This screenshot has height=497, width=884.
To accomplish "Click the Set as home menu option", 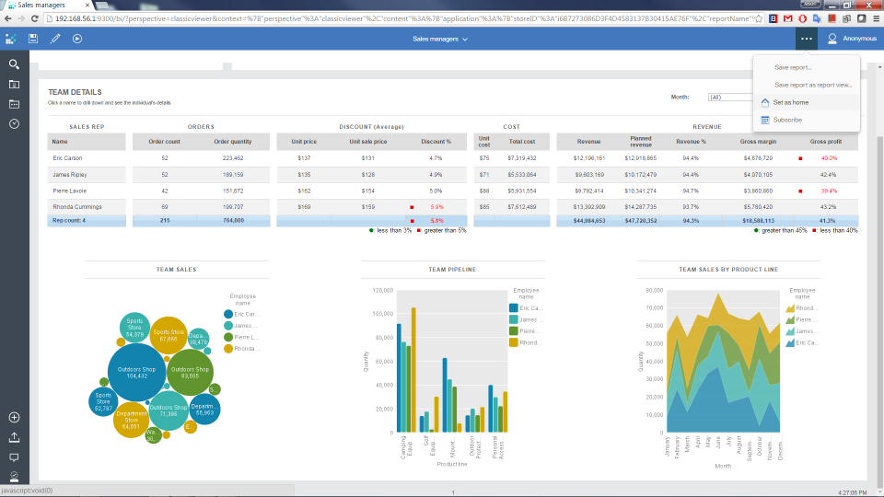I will pos(790,102).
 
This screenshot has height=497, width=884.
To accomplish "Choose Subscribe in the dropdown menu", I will pos(787,120).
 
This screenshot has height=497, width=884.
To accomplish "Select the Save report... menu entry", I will pos(793,67).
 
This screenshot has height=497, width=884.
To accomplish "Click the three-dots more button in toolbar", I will pos(807,39).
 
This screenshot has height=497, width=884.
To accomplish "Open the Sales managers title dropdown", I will pos(440,39).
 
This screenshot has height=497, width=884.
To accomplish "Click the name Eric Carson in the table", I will pos(67,158).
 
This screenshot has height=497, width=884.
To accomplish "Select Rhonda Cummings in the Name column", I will pos(76,206).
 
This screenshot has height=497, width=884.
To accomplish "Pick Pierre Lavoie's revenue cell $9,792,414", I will pos(589,191).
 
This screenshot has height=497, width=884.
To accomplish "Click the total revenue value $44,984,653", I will pos(588,221).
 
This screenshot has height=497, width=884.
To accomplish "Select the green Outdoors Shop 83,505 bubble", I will pos(190,373).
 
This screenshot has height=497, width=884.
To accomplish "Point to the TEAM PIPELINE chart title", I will pos(452,270).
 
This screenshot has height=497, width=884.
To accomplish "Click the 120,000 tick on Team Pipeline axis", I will pos(381,290).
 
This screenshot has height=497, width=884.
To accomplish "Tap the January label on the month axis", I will pos(666,448).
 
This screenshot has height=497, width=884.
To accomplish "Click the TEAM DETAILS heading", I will pos(75,92).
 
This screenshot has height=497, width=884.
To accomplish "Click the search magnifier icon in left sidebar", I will pos(14,64).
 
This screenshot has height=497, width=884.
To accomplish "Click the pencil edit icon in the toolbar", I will pos(55,39).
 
